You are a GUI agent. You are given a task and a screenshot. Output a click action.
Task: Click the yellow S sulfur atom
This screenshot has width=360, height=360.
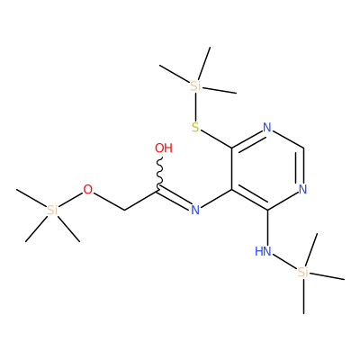195,128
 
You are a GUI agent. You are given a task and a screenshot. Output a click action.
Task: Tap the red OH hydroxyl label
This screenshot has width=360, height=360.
164,148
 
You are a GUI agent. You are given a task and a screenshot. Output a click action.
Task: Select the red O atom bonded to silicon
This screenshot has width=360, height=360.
88,190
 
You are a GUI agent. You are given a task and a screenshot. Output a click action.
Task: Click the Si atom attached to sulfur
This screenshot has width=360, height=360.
195,86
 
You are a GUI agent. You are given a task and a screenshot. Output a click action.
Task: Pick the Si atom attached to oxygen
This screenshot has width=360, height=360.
52,211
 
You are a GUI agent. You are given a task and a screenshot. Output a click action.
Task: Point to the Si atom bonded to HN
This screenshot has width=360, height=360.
303,272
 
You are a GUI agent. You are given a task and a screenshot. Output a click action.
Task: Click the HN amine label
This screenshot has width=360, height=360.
263,251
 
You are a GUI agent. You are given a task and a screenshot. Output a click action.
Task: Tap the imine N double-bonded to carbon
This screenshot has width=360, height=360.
195,210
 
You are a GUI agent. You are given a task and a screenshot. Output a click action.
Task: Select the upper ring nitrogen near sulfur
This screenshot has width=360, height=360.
267,128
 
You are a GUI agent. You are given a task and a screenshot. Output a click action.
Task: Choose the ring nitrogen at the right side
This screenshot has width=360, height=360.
303,190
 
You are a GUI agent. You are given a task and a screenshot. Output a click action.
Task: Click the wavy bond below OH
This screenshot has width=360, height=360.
160,173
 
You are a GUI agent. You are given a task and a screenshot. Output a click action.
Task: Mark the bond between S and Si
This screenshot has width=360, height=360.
195,107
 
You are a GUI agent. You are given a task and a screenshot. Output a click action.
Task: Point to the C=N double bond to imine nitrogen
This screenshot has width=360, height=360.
175,199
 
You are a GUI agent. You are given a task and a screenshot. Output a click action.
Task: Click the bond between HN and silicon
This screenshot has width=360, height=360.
284,262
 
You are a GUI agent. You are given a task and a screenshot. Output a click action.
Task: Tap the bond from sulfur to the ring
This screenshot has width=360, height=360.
216,139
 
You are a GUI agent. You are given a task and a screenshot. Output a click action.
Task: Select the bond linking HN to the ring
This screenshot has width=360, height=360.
267,228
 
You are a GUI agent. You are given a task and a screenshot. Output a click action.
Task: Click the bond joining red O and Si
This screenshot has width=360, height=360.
70,200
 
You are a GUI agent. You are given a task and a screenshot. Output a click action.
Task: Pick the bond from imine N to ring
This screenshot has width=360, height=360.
216,199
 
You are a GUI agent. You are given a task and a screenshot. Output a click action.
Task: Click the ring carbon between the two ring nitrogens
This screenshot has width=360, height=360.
303,148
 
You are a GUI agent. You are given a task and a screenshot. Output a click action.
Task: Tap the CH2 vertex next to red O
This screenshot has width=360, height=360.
124,210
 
